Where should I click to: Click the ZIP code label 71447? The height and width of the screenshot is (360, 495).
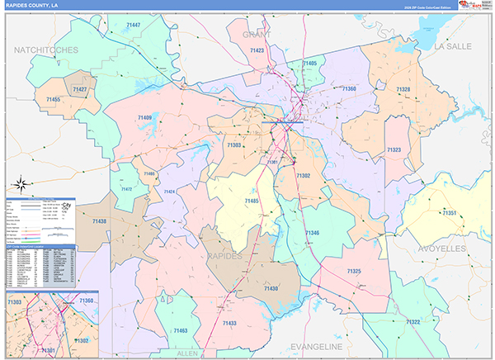coord(134,26)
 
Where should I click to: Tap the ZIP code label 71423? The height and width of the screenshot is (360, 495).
coord(257,50)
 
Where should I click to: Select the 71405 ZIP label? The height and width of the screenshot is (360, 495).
coord(309,63)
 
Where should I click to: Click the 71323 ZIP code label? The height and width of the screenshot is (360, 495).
coord(394,149)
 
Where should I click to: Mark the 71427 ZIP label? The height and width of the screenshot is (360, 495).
coord(80,88)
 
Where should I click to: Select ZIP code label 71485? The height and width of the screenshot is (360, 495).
coord(252,201)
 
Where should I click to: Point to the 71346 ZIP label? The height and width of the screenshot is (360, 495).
coord(312,233)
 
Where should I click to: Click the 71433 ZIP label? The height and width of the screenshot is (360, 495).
coord(229,323)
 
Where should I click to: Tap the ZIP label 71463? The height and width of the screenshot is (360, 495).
coord(181,330)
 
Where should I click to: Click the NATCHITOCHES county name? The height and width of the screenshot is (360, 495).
coord(46,50)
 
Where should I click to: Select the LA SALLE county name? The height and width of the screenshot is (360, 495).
coord(452,46)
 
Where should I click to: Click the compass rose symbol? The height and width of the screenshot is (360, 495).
coord(22,184)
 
